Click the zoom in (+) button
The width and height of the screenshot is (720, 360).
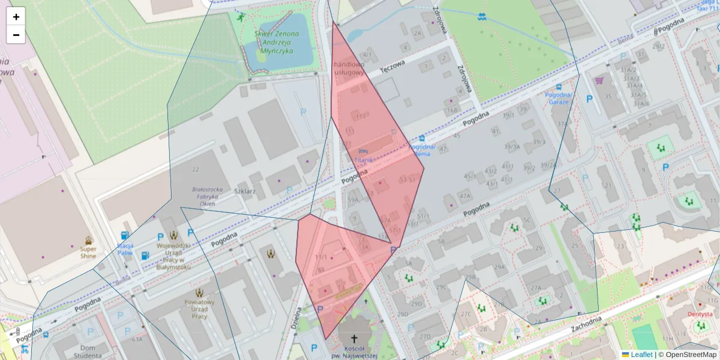click(x=16, y=17)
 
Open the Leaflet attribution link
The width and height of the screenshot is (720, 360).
click(x=641, y=355)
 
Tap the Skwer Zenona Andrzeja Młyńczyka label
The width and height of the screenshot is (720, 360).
click(x=273, y=43)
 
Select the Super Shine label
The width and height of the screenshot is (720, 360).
click(x=88, y=252)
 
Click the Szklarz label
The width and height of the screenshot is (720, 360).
click(x=245, y=191)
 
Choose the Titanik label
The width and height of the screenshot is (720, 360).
click(x=364, y=160)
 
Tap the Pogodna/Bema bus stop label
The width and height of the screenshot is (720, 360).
click(x=422, y=150)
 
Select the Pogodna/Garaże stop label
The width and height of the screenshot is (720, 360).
click(x=559, y=98)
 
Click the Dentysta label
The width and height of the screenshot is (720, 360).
click(x=700, y=314)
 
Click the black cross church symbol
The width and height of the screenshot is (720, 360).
click(x=354, y=338)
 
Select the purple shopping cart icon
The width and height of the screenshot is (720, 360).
click(x=598, y=80)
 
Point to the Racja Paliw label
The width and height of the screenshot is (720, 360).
click(x=125, y=249)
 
